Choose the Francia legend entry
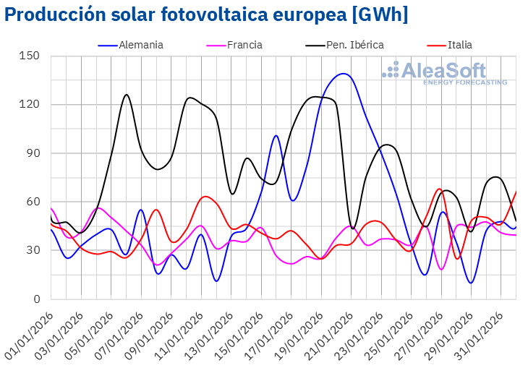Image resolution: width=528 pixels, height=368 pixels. [244, 45]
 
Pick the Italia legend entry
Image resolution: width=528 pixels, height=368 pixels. [459, 45]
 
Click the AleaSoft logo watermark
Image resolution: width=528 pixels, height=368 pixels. [444, 72]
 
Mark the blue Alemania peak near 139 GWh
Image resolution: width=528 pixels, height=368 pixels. [342, 74]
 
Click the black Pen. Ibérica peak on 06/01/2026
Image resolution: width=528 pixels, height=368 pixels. [127, 95]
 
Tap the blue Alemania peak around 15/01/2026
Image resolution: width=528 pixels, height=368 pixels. [276, 136]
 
